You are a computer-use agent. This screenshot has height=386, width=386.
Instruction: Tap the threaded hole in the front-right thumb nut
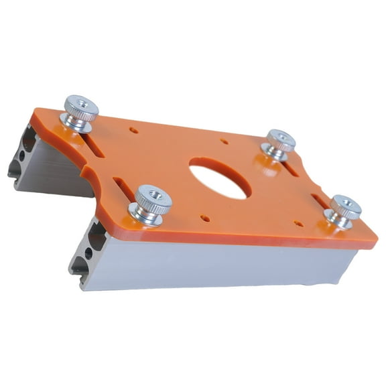pyautogui.click(x=346, y=202)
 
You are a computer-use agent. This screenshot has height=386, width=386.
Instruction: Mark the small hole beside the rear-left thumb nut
pyautogui.click(x=134, y=130)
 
